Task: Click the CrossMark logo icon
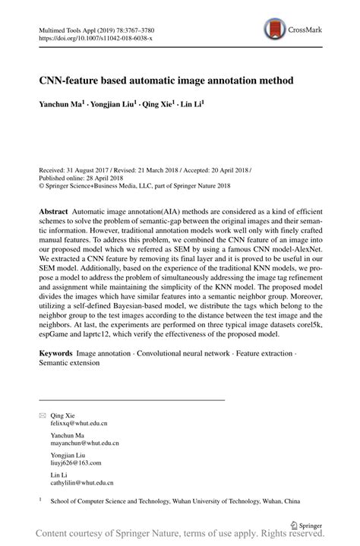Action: (x=275, y=30)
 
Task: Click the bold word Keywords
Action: (x=56, y=355)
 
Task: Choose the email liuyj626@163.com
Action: (x=76, y=462)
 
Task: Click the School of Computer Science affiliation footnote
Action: (x=175, y=502)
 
